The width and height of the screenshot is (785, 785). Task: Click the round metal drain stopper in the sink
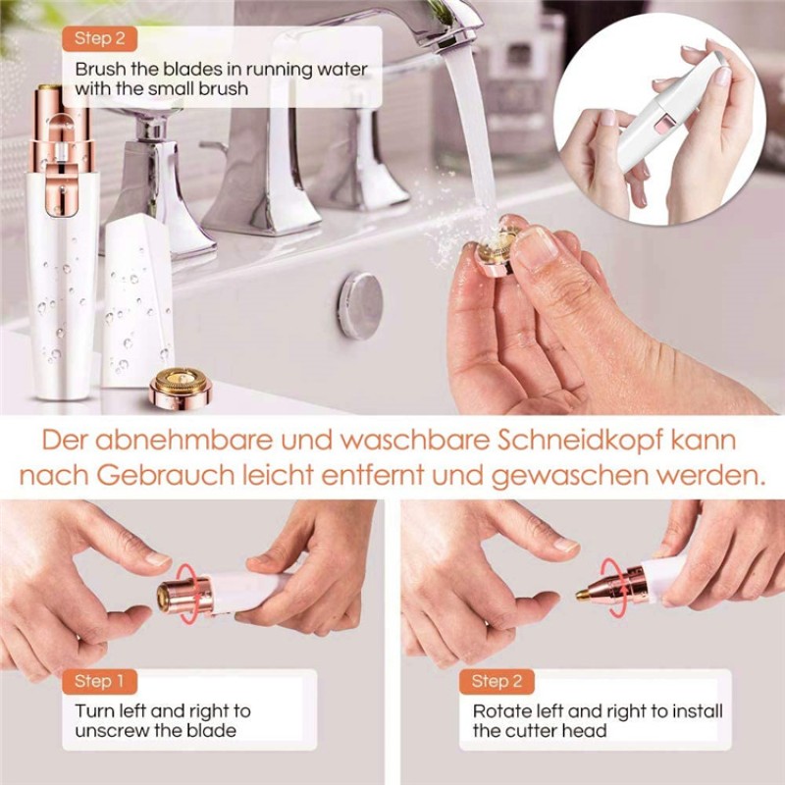(x=360, y=305)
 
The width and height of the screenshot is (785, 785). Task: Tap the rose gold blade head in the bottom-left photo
(x=176, y=595)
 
